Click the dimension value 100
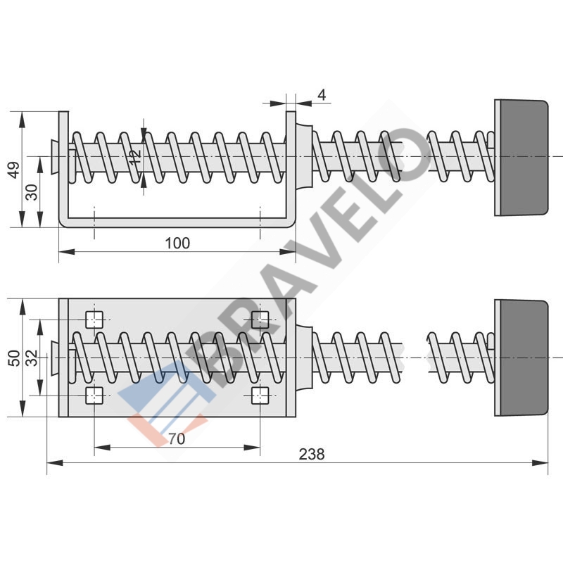point(177,243)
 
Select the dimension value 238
point(312,454)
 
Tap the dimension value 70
point(177,438)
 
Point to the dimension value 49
point(14,170)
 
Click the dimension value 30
point(32,192)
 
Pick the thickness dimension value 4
point(322,95)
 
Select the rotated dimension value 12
point(135,157)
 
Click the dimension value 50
point(14,358)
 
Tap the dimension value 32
point(32,358)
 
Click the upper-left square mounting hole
point(94,320)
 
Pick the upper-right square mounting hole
point(260,320)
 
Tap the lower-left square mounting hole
point(94,396)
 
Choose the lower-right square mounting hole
point(260,396)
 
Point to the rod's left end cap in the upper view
point(55,157)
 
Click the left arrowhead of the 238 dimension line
point(55,463)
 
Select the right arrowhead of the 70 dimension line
point(252,448)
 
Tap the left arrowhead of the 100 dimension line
point(67,252)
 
